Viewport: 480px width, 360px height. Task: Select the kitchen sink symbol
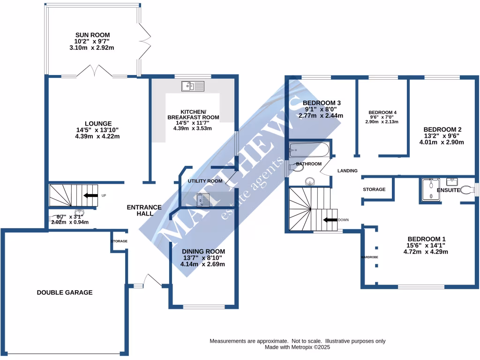click(x=193, y=86)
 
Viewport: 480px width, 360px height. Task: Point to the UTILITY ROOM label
click(x=205, y=181)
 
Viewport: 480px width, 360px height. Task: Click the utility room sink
click(x=203, y=200)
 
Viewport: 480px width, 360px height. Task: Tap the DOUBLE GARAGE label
click(x=65, y=292)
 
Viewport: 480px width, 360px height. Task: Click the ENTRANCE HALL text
click(x=145, y=210)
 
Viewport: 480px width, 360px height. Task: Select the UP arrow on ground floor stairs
click(x=91, y=195)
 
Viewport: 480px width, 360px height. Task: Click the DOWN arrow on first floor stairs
click(x=330, y=219)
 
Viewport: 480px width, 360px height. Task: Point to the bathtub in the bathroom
click(x=310, y=150)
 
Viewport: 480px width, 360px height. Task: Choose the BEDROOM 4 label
click(x=382, y=112)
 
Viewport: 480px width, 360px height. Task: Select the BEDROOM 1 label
click(x=427, y=238)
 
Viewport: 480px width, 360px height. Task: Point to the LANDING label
click(x=347, y=171)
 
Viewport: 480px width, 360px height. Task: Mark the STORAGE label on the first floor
click(x=374, y=189)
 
